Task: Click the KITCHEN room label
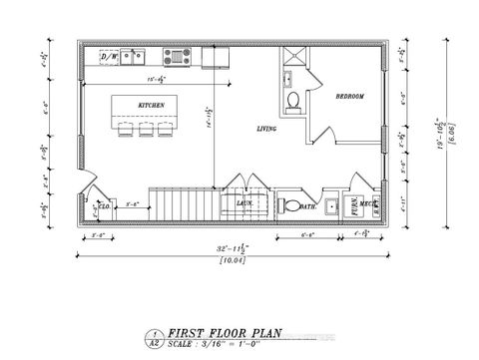point(151,104)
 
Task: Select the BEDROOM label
point(349,96)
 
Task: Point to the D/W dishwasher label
point(109,57)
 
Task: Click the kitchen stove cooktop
point(216,58)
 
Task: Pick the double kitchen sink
point(135,57)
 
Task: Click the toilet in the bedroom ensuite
point(293,101)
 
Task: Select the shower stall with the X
point(296,56)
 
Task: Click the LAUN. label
point(243,202)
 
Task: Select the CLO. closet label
point(106,206)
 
